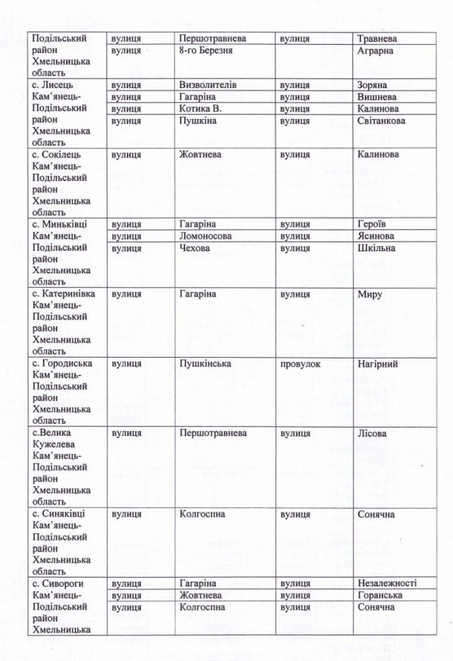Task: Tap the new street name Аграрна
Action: (374, 50)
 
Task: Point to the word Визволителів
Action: (208, 84)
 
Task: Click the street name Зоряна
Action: (372, 84)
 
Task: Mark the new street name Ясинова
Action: (375, 236)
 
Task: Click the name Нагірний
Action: (377, 364)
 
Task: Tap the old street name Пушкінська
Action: (206, 364)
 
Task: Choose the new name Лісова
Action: (372, 433)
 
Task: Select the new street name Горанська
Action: (379, 595)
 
